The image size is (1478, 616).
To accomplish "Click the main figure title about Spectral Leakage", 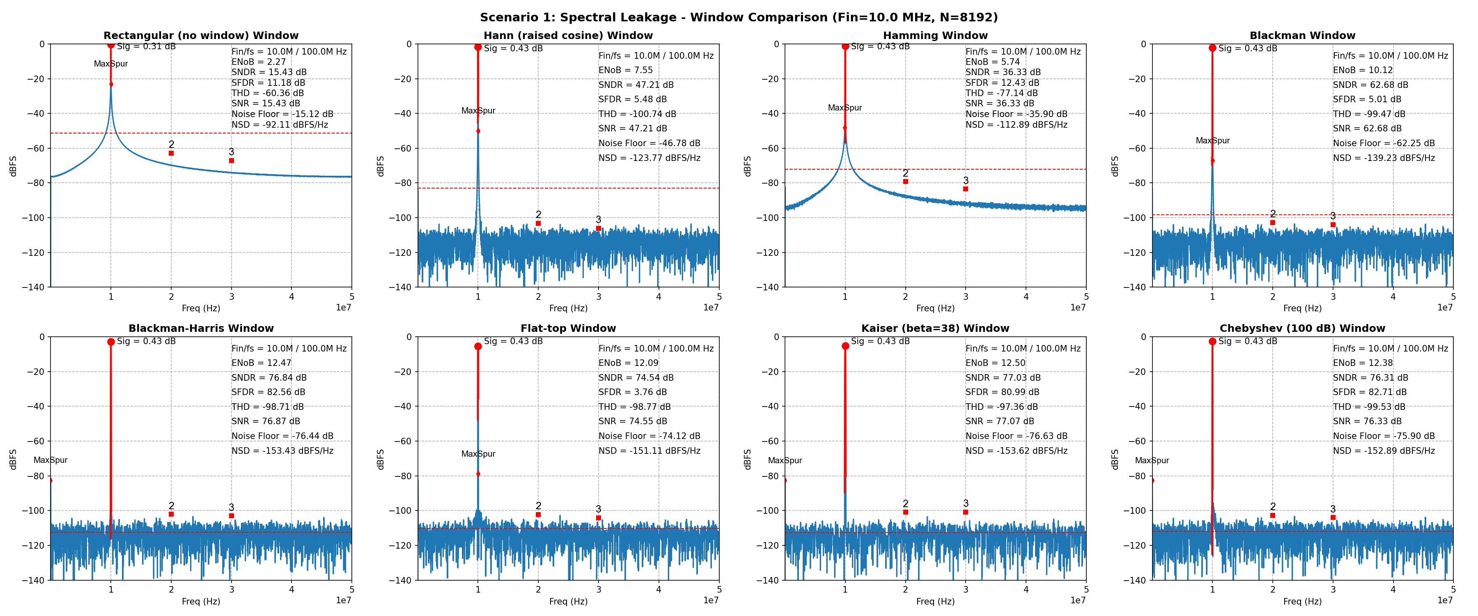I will pos(739,17).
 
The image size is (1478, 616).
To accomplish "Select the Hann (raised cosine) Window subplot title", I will pos(568,36).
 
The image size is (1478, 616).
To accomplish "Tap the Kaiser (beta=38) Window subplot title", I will pos(935,329).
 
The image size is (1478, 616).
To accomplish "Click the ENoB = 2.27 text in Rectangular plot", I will pos(258,62).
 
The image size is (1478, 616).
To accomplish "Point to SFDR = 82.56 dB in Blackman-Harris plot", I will pos(268,392).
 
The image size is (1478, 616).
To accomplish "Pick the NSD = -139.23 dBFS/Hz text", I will pos(1383,158).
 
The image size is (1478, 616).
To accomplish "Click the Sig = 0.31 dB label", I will pos(146,46).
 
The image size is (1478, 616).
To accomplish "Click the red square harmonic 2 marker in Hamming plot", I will pos(905,182).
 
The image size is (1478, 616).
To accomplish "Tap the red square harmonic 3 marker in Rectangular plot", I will pos(231,161).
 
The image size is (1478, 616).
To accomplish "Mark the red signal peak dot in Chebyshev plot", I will pos(1212,342).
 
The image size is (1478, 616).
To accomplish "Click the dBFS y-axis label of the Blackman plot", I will pos(1114,166).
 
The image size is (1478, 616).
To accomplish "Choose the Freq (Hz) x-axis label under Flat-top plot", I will pos(568,601).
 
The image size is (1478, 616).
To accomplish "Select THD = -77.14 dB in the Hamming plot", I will pos(1001,93).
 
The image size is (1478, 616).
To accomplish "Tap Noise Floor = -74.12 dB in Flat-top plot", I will pos(649,436).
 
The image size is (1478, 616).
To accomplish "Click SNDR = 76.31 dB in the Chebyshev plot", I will pos(1370,378).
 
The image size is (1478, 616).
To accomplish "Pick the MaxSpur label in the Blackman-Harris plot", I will pos(50,460).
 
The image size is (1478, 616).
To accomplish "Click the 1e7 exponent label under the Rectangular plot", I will pos(343,308).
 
